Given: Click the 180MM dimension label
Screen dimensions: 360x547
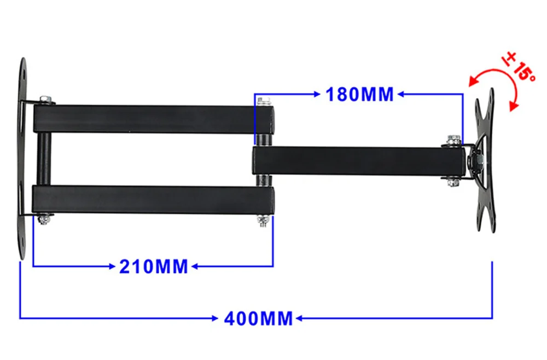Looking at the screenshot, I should click(x=359, y=94).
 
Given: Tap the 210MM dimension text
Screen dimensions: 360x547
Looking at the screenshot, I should click(x=154, y=267).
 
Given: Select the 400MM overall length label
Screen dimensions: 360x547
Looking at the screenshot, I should click(x=258, y=318).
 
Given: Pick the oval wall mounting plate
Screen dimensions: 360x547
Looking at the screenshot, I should click(x=23, y=159).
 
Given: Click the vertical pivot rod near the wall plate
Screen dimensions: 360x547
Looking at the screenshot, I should click(x=44, y=159).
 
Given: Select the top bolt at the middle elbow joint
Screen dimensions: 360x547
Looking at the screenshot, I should click(x=265, y=101).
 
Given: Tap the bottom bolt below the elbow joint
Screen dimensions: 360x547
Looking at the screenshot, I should click(x=263, y=220).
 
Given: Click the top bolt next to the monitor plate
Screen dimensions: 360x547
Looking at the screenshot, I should click(x=452, y=140).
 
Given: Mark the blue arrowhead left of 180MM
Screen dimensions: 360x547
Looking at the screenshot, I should click(x=316, y=94).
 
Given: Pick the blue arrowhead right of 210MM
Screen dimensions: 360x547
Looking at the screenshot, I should click(x=194, y=267).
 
